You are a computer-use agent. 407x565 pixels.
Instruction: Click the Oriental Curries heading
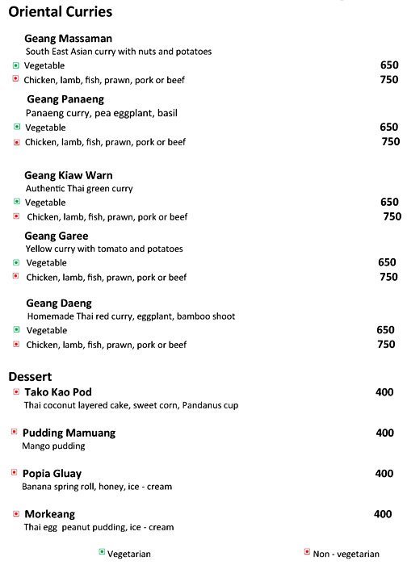point(60,12)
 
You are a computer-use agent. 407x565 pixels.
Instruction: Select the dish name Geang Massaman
point(68,38)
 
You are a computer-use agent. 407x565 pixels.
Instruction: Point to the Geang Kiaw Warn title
point(69,174)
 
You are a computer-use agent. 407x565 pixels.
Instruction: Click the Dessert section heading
point(31,376)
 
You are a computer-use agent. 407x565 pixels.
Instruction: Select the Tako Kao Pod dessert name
point(58,392)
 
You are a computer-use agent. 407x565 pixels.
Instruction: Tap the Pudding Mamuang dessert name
point(69,433)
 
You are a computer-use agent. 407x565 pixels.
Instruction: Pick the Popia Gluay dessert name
point(52,473)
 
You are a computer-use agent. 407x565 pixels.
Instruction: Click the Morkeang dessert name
point(49,514)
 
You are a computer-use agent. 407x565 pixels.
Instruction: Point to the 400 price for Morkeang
point(383,514)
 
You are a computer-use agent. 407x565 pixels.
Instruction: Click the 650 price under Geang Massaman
point(389,65)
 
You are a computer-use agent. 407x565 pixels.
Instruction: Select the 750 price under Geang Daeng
point(386,345)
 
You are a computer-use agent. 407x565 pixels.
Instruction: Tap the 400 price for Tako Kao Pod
point(384,392)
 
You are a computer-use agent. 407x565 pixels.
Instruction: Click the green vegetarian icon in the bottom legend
point(102,552)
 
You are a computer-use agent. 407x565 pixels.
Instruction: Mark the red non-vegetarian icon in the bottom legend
point(307,552)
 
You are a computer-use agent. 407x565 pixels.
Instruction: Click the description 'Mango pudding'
point(54,446)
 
